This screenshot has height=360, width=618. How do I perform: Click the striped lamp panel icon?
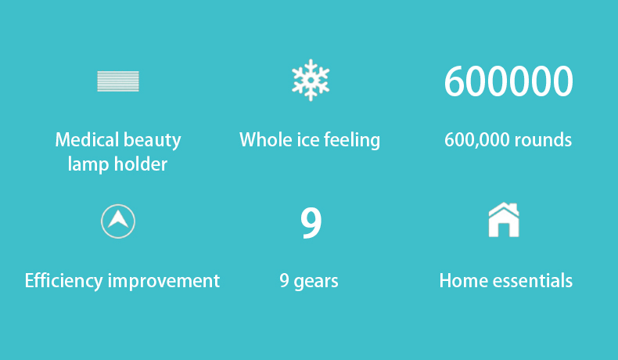click(x=118, y=81)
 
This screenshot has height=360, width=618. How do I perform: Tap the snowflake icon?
click(x=311, y=80)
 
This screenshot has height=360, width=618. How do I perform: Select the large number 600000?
click(x=508, y=81)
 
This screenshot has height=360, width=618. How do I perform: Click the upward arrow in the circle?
click(x=118, y=219)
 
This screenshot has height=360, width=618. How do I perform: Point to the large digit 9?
click(x=311, y=223)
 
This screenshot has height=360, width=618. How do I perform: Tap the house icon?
click(x=504, y=220)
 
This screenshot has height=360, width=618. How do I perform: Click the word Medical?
click(x=87, y=139)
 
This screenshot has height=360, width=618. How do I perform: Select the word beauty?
click(x=152, y=141)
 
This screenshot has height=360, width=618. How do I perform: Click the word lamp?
click(x=88, y=164)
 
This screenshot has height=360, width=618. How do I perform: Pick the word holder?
click(x=140, y=164)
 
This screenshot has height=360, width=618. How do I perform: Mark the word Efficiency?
click(x=64, y=282)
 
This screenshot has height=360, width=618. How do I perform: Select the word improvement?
click(x=163, y=282)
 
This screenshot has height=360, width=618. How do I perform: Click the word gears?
click(x=316, y=283)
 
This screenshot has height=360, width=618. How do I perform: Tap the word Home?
click(x=463, y=281)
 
